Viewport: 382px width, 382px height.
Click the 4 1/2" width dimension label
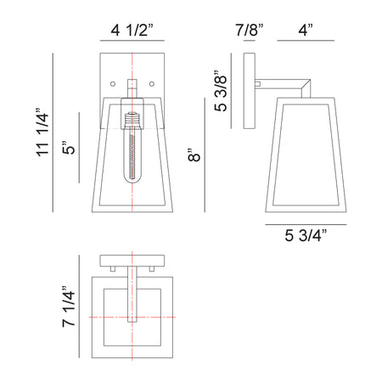pyautogui.click(x=132, y=30)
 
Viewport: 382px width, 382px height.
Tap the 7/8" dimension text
pyautogui.click(x=250, y=30)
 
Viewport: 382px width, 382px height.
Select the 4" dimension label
pyautogui.click(x=306, y=30)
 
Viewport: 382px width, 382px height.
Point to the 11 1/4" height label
pyautogui.click(x=42, y=132)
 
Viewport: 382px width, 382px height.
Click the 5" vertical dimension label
pyautogui.click(x=69, y=147)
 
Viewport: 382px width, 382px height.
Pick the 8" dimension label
pyautogui.click(x=194, y=154)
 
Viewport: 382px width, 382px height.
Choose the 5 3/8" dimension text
pyautogui.click(x=221, y=91)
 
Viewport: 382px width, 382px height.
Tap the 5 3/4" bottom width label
pyautogui.click(x=306, y=235)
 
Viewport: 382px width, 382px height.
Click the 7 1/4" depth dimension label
pyautogui.click(x=69, y=306)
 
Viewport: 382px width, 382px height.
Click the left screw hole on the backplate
pyautogui.click(x=113, y=84)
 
